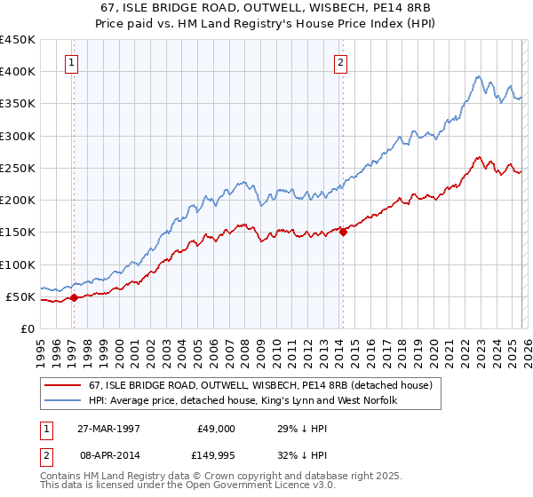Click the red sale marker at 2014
pos(343,233)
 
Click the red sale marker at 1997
pos(75,297)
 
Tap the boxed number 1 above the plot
pos(70,62)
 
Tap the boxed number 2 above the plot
pos(339,62)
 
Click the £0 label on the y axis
pos(27,328)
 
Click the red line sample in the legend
pos(64,386)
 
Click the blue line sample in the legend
pos(64,401)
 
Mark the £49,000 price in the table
pos(217,428)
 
